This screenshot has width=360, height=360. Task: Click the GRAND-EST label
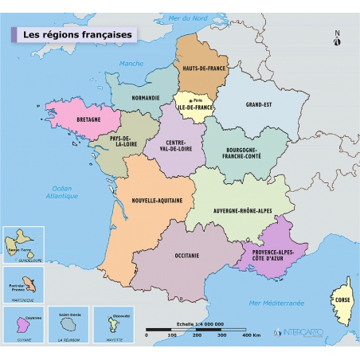[260, 104]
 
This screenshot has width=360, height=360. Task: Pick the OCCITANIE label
[186, 256]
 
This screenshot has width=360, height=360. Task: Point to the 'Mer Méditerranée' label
[277, 303]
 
